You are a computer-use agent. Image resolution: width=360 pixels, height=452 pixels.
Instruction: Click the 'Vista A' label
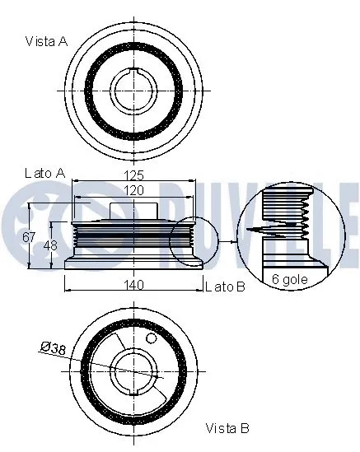[x=46, y=40]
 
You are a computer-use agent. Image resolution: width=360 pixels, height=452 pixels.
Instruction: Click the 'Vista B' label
[x=227, y=428]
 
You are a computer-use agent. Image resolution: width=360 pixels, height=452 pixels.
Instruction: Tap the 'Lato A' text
[x=44, y=173]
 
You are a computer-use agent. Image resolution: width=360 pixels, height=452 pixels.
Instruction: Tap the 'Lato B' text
[x=225, y=286]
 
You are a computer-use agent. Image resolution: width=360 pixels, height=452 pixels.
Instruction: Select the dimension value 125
[x=134, y=175]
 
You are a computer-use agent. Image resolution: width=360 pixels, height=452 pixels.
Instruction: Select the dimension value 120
[x=134, y=190]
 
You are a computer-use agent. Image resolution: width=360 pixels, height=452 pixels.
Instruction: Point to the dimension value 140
[x=134, y=285]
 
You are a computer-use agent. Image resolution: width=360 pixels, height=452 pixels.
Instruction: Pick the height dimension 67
[x=30, y=237]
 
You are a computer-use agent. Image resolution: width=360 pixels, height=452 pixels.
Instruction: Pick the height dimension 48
[x=49, y=245]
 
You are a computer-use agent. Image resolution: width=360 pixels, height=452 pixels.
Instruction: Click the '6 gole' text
[x=288, y=279]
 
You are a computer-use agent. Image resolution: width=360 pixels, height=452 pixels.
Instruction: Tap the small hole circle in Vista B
[x=151, y=338]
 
